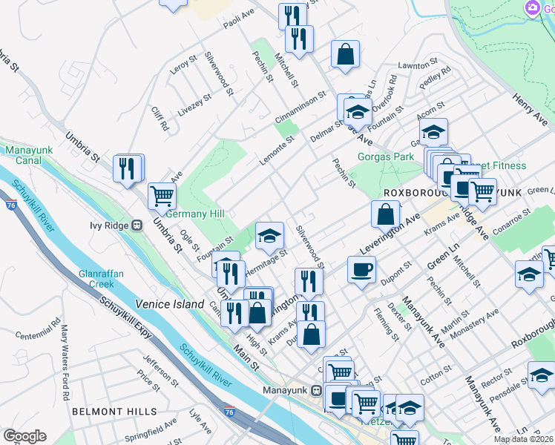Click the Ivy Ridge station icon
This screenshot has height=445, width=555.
[x=137, y=225]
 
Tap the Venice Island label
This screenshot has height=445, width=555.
[x=169, y=304]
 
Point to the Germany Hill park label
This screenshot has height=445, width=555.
[x=194, y=214]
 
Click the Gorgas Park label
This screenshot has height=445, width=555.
[x=385, y=157]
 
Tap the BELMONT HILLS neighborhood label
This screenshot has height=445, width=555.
[x=114, y=411]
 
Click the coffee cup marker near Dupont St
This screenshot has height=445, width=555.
[x=361, y=269]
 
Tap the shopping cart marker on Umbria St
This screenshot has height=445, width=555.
[x=162, y=197]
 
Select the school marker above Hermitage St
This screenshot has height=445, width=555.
[x=269, y=236]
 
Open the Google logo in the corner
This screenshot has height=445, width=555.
[x=24, y=436]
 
